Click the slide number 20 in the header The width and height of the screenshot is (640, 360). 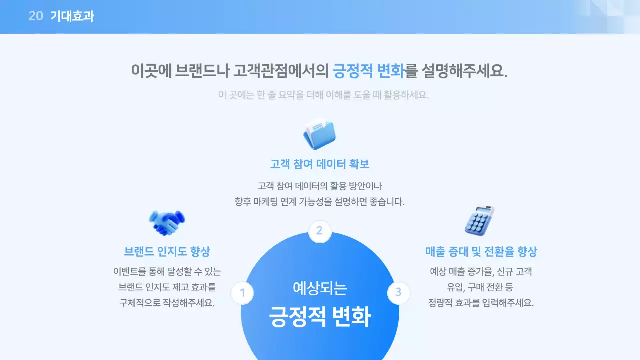click(35, 16)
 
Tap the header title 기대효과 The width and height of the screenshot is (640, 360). click(72, 16)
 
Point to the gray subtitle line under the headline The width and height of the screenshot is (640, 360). click(324, 95)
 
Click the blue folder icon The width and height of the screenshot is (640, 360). click(320, 134)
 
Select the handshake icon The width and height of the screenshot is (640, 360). click(167, 223)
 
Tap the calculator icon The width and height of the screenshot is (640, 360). click(479, 220)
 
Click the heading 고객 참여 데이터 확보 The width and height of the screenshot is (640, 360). click(320, 164)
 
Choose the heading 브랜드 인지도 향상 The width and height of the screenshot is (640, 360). click(167, 251)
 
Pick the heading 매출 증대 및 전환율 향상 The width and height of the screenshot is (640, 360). click(481, 251)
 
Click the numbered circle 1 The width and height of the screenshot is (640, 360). click(242, 293)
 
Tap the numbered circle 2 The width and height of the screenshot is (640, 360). click(320, 231)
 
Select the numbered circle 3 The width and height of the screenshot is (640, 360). click(398, 292)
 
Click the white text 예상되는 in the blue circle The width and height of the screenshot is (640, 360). click(320, 288)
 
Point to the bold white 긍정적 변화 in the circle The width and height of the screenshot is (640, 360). click(320, 316)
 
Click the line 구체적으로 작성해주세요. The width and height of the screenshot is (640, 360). click(167, 303)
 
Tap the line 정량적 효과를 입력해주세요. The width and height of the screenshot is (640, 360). click(481, 303)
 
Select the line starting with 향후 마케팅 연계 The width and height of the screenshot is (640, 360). click(320, 202)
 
